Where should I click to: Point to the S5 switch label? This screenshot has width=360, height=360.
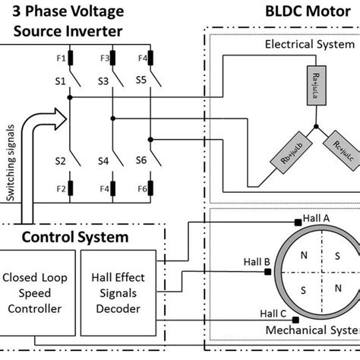point(141,80)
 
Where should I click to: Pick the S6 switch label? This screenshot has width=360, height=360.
point(141,160)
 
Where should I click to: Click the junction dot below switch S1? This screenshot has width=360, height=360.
point(69,97)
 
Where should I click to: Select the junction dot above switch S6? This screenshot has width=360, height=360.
point(150,139)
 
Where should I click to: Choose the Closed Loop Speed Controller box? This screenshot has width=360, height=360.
point(44,298)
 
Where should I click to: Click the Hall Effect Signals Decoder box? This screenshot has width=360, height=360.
point(126,298)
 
